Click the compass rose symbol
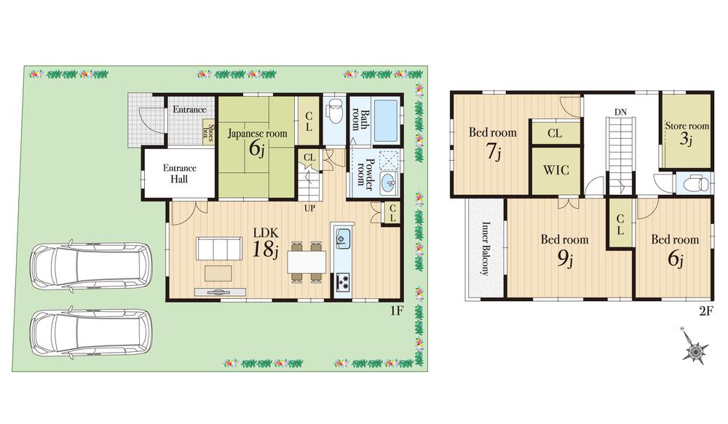pyautogui.click(x=695, y=351)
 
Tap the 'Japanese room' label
pyautogui.click(x=257, y=134)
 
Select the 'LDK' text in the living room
pyautogui.click(x=264, y=233)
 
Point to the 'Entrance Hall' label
pyautogui.click(x=178, y=173)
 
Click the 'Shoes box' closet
pyautogui.click(x=207, y=133)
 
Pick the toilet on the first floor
pyautogui.click(x=334, y=113)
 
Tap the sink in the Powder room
pyautogui.click(x=388, y=181)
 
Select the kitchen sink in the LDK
pyautogui.click(x=342, y=237)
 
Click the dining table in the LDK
pyautogui.click(x=304, y=260)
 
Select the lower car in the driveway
pyautogui.click(x=90, y=332)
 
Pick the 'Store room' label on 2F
pyautogui.click(x=687, y=126)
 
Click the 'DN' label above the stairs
pyautogui.click(x=620, y=112)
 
